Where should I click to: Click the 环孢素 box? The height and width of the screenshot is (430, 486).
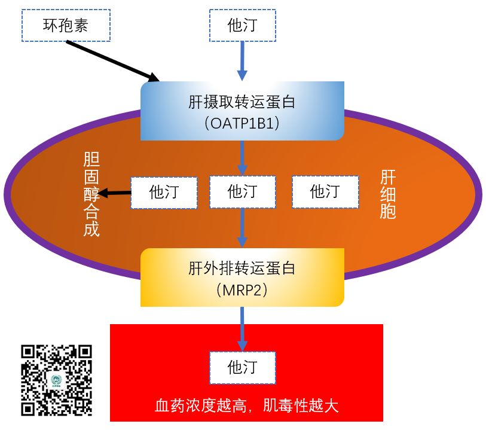66,25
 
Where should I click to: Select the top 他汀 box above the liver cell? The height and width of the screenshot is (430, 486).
242,25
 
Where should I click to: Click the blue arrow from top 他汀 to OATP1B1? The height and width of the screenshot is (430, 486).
242,60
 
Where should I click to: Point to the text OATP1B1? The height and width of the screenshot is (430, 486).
242,123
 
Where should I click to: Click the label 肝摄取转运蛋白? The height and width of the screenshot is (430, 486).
242,102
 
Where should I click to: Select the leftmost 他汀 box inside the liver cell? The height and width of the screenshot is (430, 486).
164,192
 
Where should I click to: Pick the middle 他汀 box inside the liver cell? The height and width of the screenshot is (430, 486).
242,192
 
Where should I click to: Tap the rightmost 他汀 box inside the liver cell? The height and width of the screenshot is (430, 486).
325,192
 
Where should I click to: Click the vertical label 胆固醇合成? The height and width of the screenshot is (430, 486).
91,194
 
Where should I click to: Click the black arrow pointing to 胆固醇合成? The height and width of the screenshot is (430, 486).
115,193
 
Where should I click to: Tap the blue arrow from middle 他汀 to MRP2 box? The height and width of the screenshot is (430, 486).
242,227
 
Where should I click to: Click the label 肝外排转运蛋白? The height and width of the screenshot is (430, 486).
242,269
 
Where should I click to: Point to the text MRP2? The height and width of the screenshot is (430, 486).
242,290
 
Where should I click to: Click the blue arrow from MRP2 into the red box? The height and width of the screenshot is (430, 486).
242,328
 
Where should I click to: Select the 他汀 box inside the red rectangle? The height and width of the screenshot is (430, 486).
242,367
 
